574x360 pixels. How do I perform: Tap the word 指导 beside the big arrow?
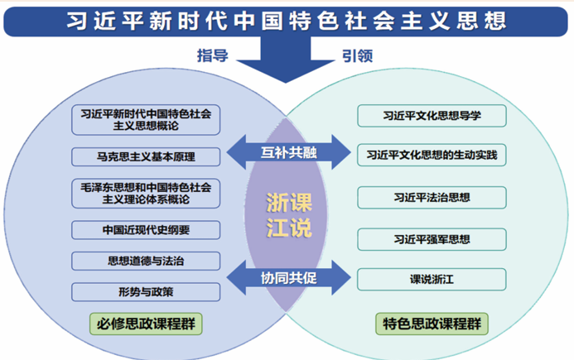(212, 55)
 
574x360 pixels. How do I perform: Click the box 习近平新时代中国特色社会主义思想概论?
(146, 121)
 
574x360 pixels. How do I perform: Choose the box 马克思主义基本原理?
(146, 156)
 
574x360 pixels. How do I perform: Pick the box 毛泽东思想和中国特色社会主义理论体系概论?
(146, 193)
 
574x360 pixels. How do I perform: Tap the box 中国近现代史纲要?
(146, 228)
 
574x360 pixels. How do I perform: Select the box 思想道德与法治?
(146, 261)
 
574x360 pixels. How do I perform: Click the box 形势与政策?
(146, 291)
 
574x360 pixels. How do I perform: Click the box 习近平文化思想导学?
(432, 115)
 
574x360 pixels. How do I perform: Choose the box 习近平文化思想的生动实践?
(432, 155)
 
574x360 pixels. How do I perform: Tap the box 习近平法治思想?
(432, 198)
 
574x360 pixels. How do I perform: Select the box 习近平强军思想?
(432, 239)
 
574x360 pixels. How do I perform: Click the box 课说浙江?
(432, 279)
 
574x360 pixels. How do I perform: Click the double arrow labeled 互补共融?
(287, 151)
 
